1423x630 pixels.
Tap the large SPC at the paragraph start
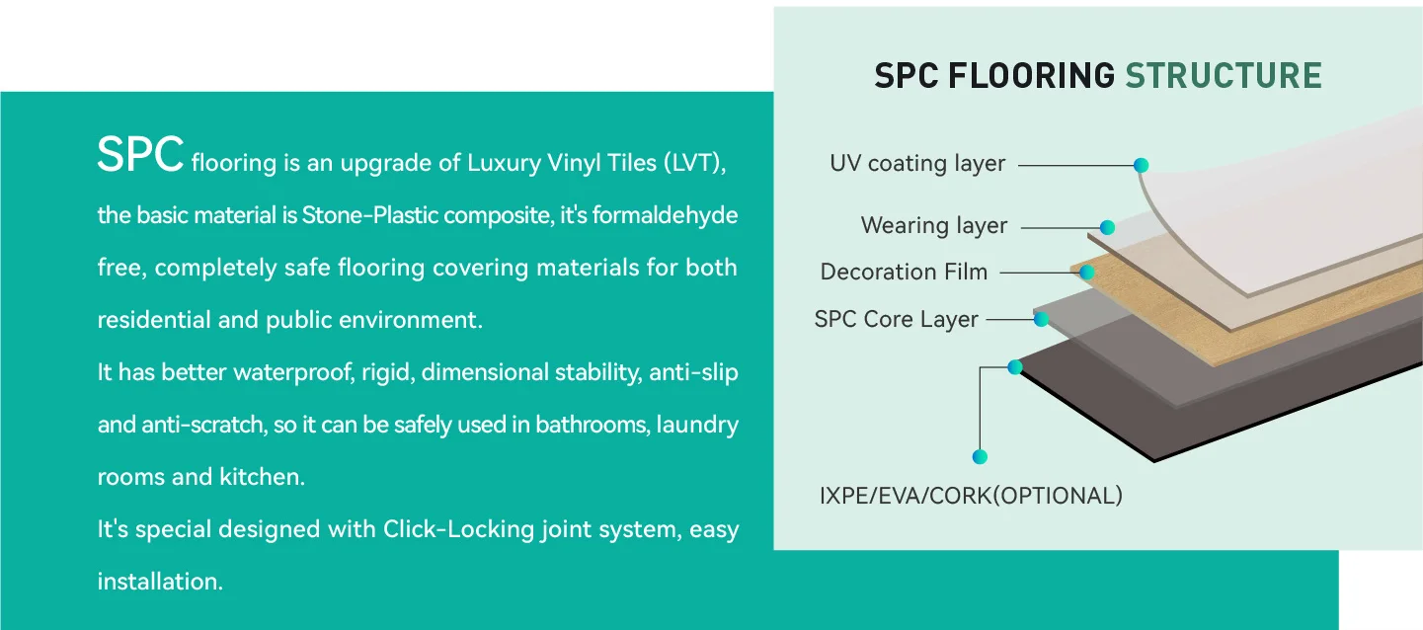click(x=140, y=155)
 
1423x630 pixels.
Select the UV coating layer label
click(x=916, y=164)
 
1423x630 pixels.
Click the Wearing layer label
click(x=933, y=226)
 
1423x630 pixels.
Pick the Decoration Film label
click(x=904, y=273)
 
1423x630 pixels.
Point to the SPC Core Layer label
click(x=896, y=320)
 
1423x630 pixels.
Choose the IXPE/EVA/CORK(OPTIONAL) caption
click(x=971, y=496)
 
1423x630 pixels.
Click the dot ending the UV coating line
click(x=1141, y=165)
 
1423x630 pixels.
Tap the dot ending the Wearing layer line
click(x=1107, y=227)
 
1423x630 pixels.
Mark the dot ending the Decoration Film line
click(x=1086, y=272)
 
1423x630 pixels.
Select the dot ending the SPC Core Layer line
click(x=1041, y=319)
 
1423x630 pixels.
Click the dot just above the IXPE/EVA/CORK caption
click(x=980, y=456)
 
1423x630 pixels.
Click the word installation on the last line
click(x=159, y=582)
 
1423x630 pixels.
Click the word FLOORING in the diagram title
click(x=1031, y=76)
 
